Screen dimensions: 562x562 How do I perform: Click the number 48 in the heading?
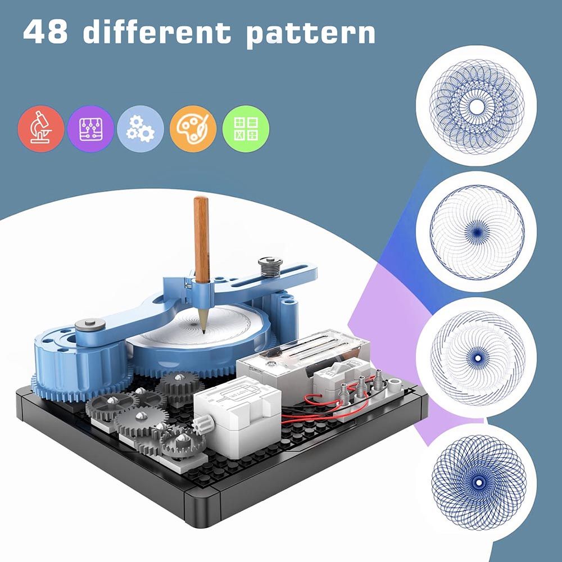click(x=45, y=32)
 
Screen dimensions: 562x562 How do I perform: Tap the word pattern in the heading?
click(x=311, y=34)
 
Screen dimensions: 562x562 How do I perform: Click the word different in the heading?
click(x=157, y=31)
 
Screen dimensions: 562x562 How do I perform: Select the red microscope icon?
click(x=41, y=128)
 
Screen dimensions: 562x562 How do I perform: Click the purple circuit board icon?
click(x=90, y=128)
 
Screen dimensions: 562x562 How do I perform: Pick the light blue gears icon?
click(x=140, y=128)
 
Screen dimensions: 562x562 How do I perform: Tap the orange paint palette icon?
click(x=193, y=128)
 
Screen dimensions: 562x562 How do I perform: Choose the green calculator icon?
click(x=246, y=128)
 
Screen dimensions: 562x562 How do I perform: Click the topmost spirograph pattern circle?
click(x=477, y=106)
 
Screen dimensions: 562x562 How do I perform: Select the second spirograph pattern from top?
click(x=477, y=232)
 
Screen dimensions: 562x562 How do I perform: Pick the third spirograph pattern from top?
click(x=477, y=357)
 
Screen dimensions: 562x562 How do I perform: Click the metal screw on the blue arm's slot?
click(x=270, y=266)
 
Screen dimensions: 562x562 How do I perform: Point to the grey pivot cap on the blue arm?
click(x=90, y=325)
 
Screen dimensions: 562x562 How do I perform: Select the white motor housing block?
click(x=237, y=418)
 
